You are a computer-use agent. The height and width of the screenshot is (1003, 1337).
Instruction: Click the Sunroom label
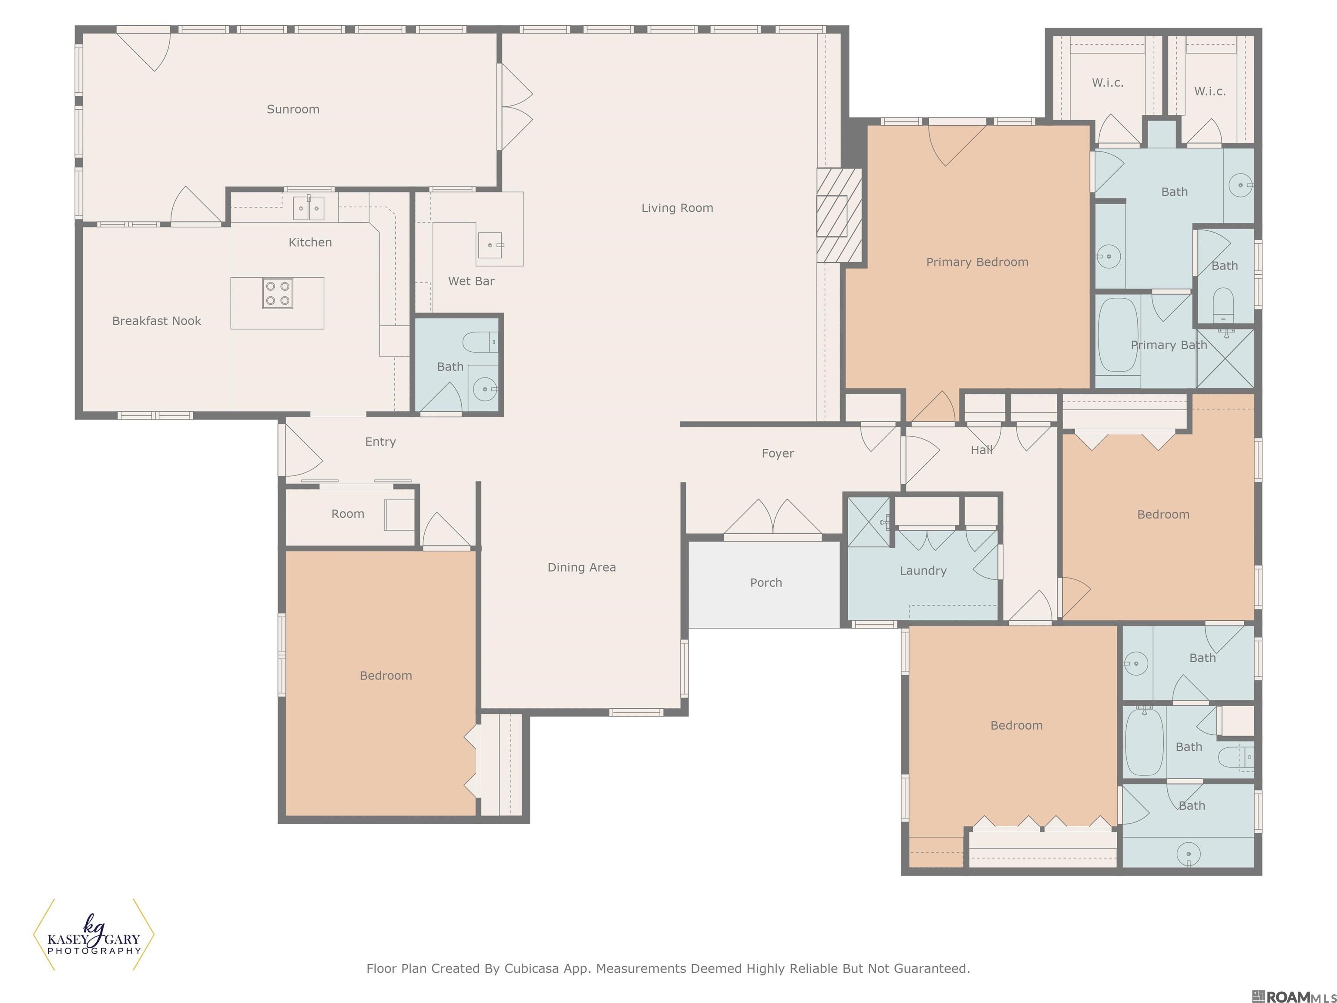293,109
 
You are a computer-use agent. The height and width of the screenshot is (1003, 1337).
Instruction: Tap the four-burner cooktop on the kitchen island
277,294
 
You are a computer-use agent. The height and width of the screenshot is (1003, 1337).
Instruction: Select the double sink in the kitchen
308,208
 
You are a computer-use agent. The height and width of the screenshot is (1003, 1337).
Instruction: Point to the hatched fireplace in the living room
839,215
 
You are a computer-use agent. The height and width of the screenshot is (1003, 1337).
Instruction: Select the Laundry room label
923,571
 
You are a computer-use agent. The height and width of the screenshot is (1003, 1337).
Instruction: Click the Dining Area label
581,567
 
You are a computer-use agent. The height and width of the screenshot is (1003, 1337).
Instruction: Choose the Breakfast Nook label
157,321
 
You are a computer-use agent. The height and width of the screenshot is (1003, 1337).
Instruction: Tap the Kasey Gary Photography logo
94,935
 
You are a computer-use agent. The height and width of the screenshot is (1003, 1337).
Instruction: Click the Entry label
380,442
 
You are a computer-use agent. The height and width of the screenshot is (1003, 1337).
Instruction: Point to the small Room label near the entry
348,514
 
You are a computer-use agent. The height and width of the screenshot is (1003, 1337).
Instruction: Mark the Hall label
981,450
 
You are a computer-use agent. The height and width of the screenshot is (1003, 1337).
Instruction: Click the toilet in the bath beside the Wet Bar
480,342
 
